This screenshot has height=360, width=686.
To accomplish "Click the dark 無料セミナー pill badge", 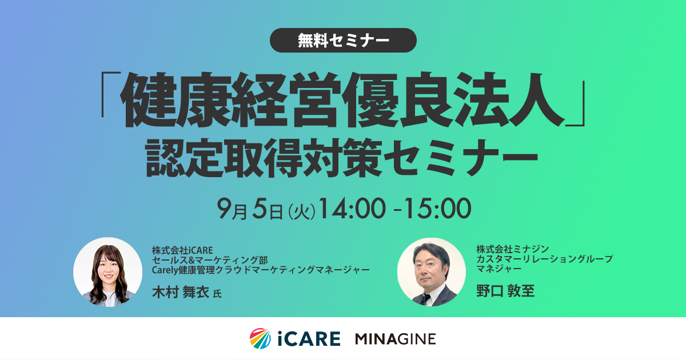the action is [x=343, y=40].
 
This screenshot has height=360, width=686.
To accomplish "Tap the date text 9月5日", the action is [x=250, y=209].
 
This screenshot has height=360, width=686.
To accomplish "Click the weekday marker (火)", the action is [x=302, y=211].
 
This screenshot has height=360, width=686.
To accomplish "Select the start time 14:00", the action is [x=353, y=209].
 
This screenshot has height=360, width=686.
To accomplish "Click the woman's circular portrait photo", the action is [x=108, y=272].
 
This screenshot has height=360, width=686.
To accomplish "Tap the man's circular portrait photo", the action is [x=432, y=272].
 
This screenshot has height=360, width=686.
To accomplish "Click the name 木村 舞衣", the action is [x=181, y=292].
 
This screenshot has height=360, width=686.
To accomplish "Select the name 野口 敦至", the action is [x=505, y=291].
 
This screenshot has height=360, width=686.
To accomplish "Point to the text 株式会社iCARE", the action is [x=182, y=250].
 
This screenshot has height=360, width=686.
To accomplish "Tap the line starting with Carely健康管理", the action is [x=261, y=270].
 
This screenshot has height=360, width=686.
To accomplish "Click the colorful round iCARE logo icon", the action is [x=260, y=338].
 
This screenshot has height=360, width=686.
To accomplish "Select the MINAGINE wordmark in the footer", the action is [x=396, y=339].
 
